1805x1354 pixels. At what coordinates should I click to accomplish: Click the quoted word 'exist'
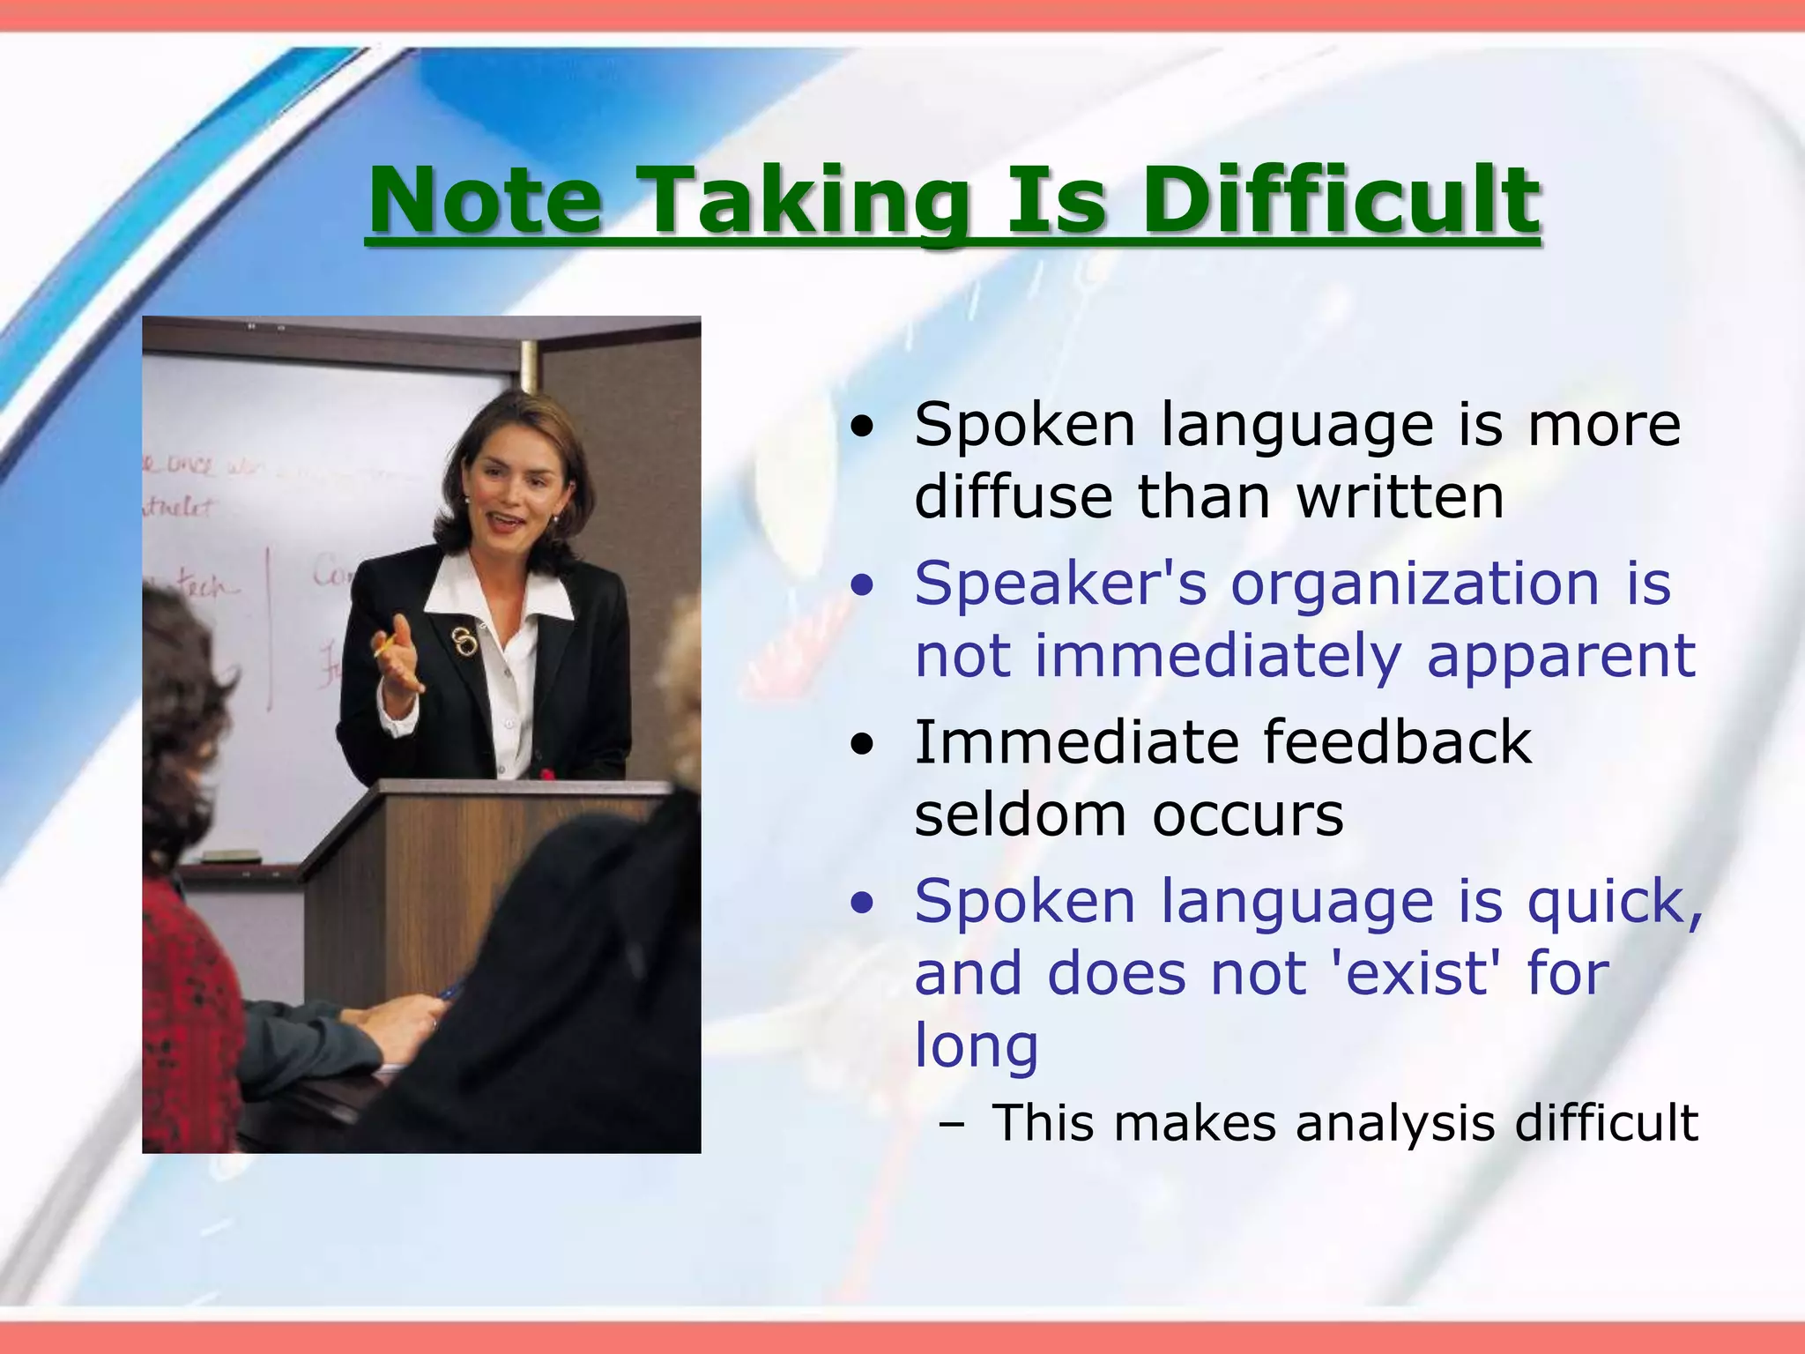1411,975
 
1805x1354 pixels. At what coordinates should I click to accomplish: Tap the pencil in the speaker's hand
384,648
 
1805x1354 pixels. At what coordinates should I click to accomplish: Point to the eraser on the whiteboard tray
231,856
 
